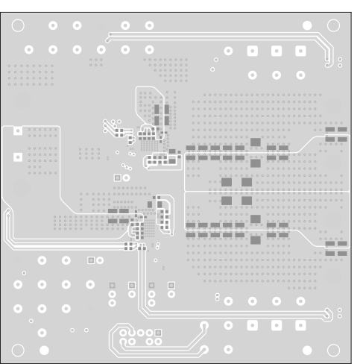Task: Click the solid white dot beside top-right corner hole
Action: point(308,26)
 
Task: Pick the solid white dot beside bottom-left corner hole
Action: point(44,349)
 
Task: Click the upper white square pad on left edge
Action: point(17,131)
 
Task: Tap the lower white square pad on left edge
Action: point(17,157)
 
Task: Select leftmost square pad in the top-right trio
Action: point(252,51)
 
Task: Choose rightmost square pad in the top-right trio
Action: point(300,51)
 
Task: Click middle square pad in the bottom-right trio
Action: point(277,325)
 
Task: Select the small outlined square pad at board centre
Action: point(117,178)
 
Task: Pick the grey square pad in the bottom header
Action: point(159,332)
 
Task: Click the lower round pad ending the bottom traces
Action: point(203,350)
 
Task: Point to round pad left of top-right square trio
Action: point(228,51)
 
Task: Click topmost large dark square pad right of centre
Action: point(255,142)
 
